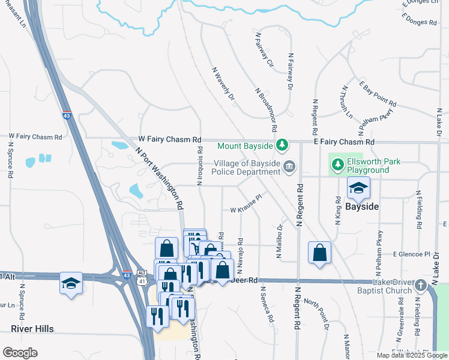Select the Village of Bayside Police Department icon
289,167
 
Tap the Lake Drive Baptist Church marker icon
421,286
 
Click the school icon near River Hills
71,282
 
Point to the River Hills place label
32,329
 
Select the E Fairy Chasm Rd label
343,142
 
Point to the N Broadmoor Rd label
267,109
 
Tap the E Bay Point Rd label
378,94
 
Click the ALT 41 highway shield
142,278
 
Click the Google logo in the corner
20,353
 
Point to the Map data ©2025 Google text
412,355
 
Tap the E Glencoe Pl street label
412,254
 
